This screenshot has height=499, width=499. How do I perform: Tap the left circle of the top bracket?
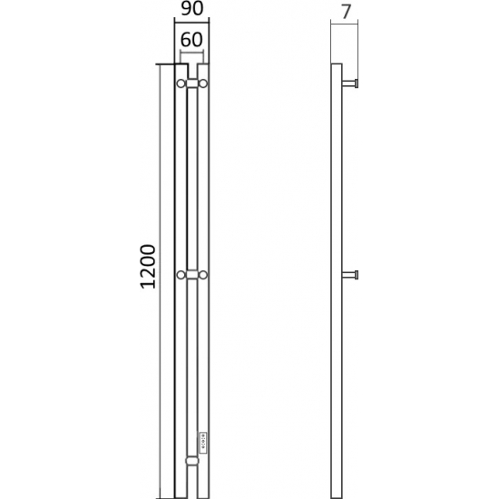click(x=181, y=83)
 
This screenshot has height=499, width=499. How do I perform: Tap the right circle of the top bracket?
click(x=203, y=83)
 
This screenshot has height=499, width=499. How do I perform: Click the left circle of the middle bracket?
click(x=181, y=273)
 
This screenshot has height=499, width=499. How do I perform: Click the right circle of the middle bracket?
click(x=203, y=273)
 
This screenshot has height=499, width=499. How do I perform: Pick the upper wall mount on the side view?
click(x=352, y=83)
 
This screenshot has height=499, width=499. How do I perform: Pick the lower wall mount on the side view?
click(x=352, y=273)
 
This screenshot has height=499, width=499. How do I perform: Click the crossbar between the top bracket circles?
click(x=192, y=83)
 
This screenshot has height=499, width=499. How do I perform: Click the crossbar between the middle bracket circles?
click(x=192, y=273)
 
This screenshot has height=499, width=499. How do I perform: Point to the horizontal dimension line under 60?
click(x=191, y=54)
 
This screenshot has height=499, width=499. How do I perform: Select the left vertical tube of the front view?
click(x=181, y=363)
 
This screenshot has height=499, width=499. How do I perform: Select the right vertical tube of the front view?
click(x=204, y=363)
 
